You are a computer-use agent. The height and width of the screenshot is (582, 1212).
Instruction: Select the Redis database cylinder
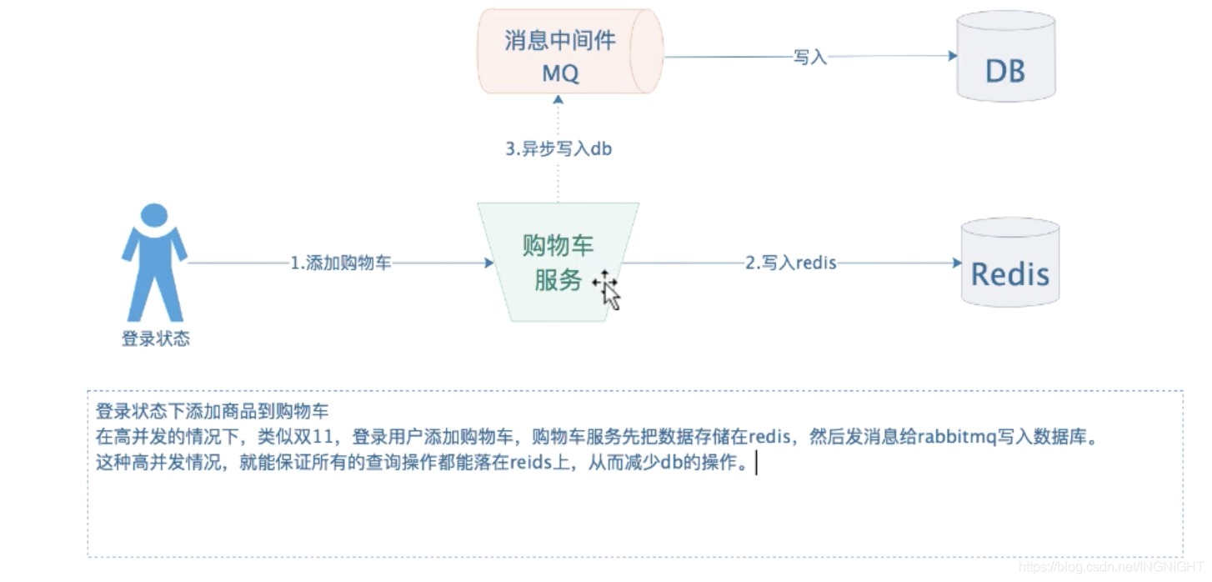click(x=1010, y=265)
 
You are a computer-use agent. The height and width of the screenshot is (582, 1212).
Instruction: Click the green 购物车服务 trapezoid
click(x=558, y=262)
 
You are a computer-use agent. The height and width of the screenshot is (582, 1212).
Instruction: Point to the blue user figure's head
click(x=153, y=216)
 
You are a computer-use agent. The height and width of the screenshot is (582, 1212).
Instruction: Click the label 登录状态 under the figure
click(x=156, y=339)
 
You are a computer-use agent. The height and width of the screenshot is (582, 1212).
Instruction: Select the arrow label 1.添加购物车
click(x=340, y=263)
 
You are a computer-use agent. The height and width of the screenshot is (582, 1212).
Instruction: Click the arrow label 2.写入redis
click(x=790, y=263)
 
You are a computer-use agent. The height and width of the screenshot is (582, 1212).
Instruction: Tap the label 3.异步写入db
click(x=558, y=150)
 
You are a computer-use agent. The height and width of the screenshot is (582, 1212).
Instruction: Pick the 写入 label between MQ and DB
click(x=809, y=57)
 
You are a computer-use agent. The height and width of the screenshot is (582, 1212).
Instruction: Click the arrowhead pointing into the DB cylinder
click(x=952, y=56)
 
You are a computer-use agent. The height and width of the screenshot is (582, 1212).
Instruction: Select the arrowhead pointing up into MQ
click(x=558, y=98)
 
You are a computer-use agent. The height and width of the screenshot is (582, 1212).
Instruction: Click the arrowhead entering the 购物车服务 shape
click(x=489, y=263)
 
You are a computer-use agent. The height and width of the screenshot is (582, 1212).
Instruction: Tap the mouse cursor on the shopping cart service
click(x=609, y=288)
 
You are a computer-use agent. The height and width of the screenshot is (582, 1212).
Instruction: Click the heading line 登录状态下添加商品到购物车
click(x=213, y=411)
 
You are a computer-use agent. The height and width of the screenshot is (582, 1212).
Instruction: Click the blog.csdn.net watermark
click(x=1114, y=567)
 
